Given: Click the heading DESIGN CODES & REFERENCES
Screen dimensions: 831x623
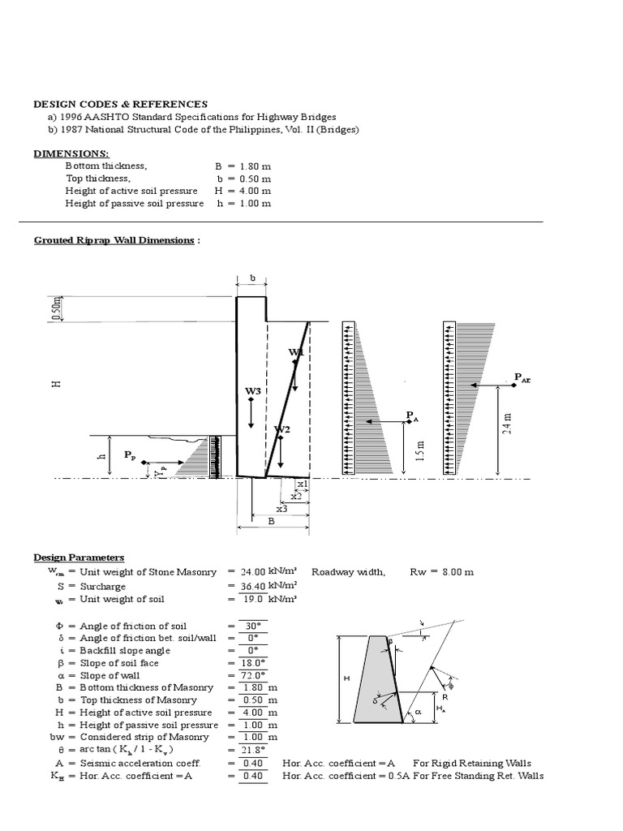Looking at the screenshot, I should [120, 104].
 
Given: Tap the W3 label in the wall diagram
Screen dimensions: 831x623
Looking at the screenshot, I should [253, 391].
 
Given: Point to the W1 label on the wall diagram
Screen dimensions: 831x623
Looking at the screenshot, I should [295, 352].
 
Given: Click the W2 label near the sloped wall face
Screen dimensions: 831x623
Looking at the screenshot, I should [281, 428].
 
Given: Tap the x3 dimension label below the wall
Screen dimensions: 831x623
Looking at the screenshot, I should [281, 509].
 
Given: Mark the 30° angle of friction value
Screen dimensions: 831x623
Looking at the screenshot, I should [253, 626].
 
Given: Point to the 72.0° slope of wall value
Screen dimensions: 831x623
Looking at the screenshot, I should [253, 675].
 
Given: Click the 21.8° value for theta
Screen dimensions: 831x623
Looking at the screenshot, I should [253, 750].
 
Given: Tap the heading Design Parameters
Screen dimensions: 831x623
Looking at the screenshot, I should [79, 558].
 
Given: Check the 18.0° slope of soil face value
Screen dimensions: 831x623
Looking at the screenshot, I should [253, 663].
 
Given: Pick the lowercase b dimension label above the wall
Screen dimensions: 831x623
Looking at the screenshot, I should [252, 278].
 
